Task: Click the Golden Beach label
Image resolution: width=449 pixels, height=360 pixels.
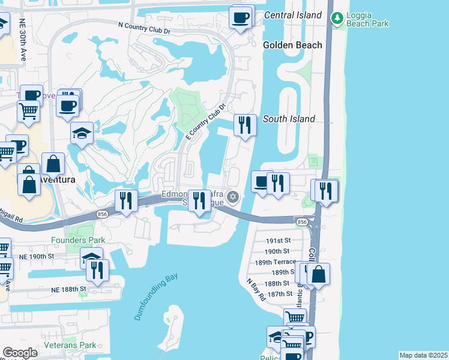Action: (292, 45)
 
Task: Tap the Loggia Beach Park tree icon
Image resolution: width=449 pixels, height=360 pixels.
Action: (337, 19)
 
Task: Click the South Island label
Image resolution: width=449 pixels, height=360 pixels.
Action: (289, 119)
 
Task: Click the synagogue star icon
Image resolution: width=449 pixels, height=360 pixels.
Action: (232, 197)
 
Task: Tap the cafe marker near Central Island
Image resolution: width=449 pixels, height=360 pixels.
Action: (241, 17)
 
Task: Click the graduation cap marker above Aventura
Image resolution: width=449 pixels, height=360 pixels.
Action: (82, 134)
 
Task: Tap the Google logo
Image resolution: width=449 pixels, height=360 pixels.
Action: (20, 353)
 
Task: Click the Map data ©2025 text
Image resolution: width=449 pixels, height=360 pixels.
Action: (423, 355)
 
